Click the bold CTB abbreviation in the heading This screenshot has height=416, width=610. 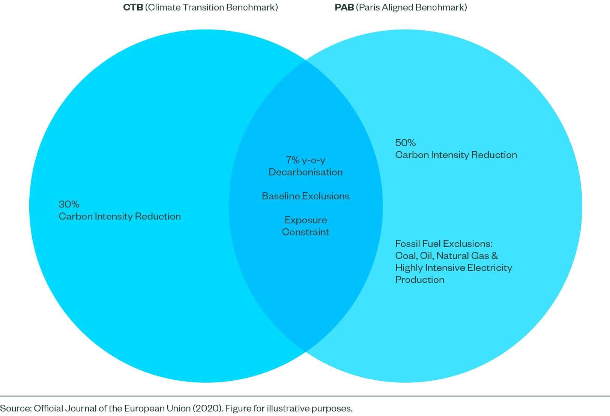coord(133,7)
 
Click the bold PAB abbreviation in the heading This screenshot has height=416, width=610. coord(344,7)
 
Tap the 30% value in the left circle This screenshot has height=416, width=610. coord(69,204)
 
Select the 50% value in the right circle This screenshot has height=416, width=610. coord(405,143)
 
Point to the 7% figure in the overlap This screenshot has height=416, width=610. coord(293,160)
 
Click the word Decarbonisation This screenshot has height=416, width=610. coord(305,172)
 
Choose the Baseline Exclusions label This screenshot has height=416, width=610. coord(305,196)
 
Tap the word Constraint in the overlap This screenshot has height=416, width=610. coord(305,232)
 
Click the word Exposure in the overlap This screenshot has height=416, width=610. coord(305,220)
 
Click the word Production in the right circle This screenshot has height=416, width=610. coord(419,280)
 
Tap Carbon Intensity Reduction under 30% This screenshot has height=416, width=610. coord(120,216)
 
